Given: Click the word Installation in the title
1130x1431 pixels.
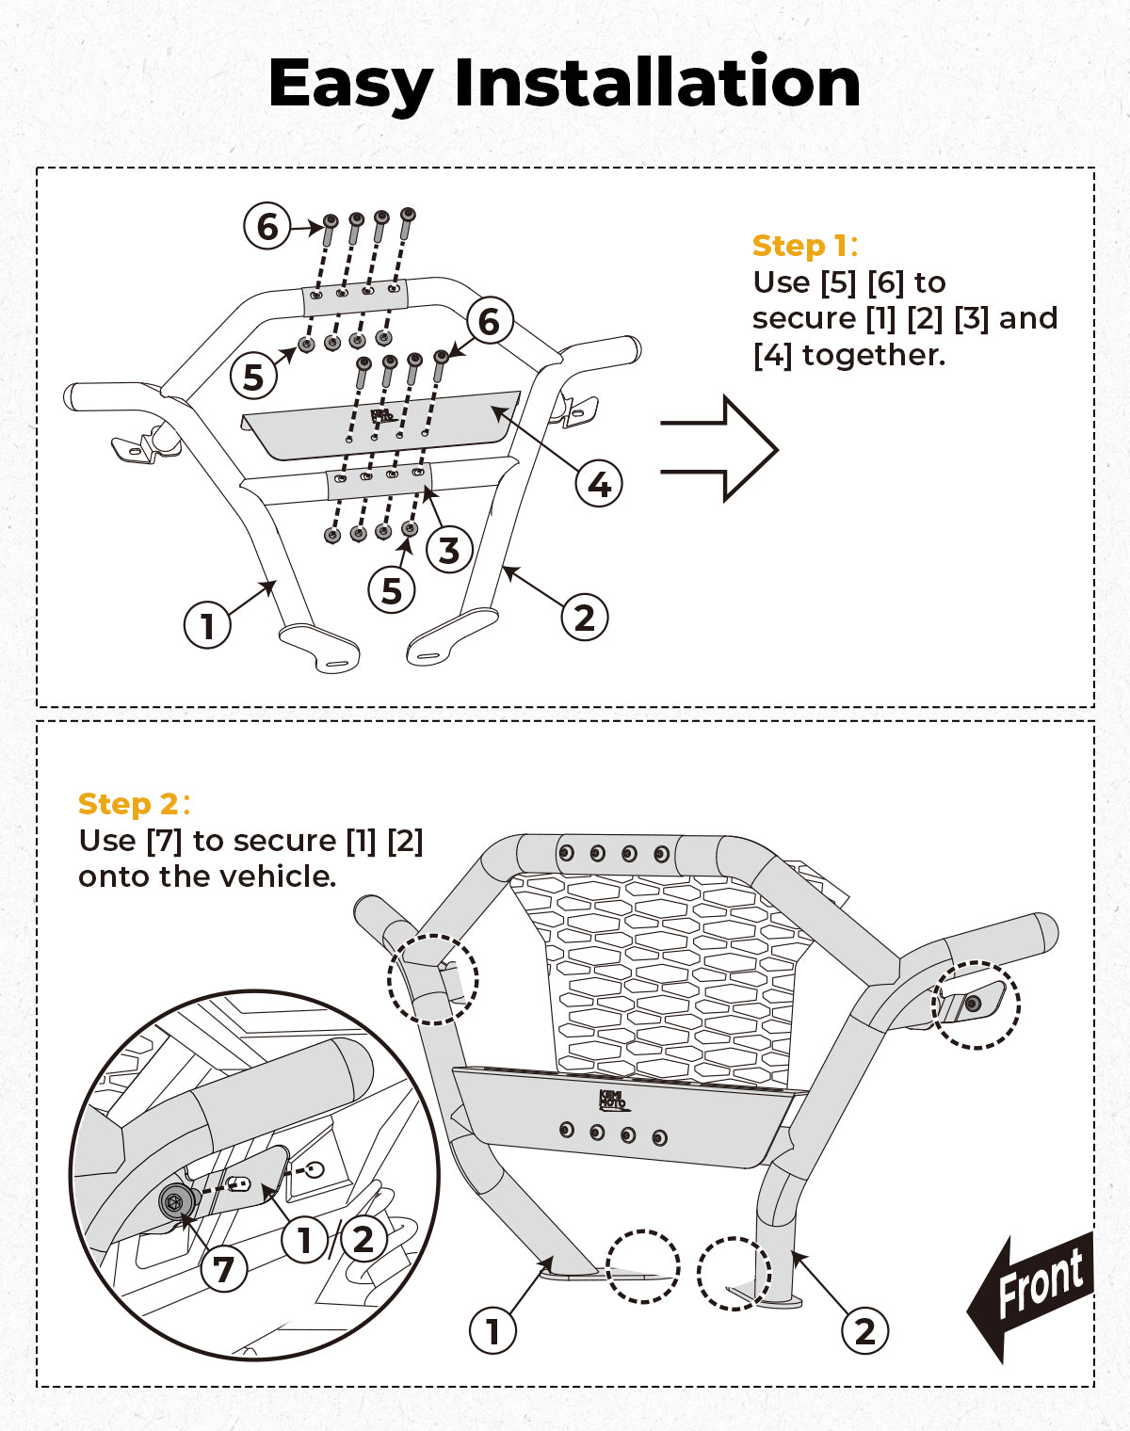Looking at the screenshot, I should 657,83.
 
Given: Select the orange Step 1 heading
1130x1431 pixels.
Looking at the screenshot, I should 800,246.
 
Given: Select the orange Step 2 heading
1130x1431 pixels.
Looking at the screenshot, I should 129,804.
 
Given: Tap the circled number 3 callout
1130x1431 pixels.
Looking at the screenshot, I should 449,551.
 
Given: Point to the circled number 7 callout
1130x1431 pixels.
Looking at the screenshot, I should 223,1269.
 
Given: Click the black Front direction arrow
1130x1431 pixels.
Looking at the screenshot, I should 1031,1294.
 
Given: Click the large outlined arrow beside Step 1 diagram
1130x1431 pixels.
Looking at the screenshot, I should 720,449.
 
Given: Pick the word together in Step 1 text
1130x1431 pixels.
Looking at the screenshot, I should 873,356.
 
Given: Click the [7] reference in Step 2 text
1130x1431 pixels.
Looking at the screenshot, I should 164,841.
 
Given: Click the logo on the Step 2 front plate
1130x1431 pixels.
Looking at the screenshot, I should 612,1100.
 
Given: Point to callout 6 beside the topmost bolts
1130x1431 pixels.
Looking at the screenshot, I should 267,227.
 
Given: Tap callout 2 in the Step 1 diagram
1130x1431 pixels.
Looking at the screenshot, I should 585,618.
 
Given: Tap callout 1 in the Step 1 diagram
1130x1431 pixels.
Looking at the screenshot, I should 207,625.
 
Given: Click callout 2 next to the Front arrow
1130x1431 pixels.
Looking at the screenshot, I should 864,1330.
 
